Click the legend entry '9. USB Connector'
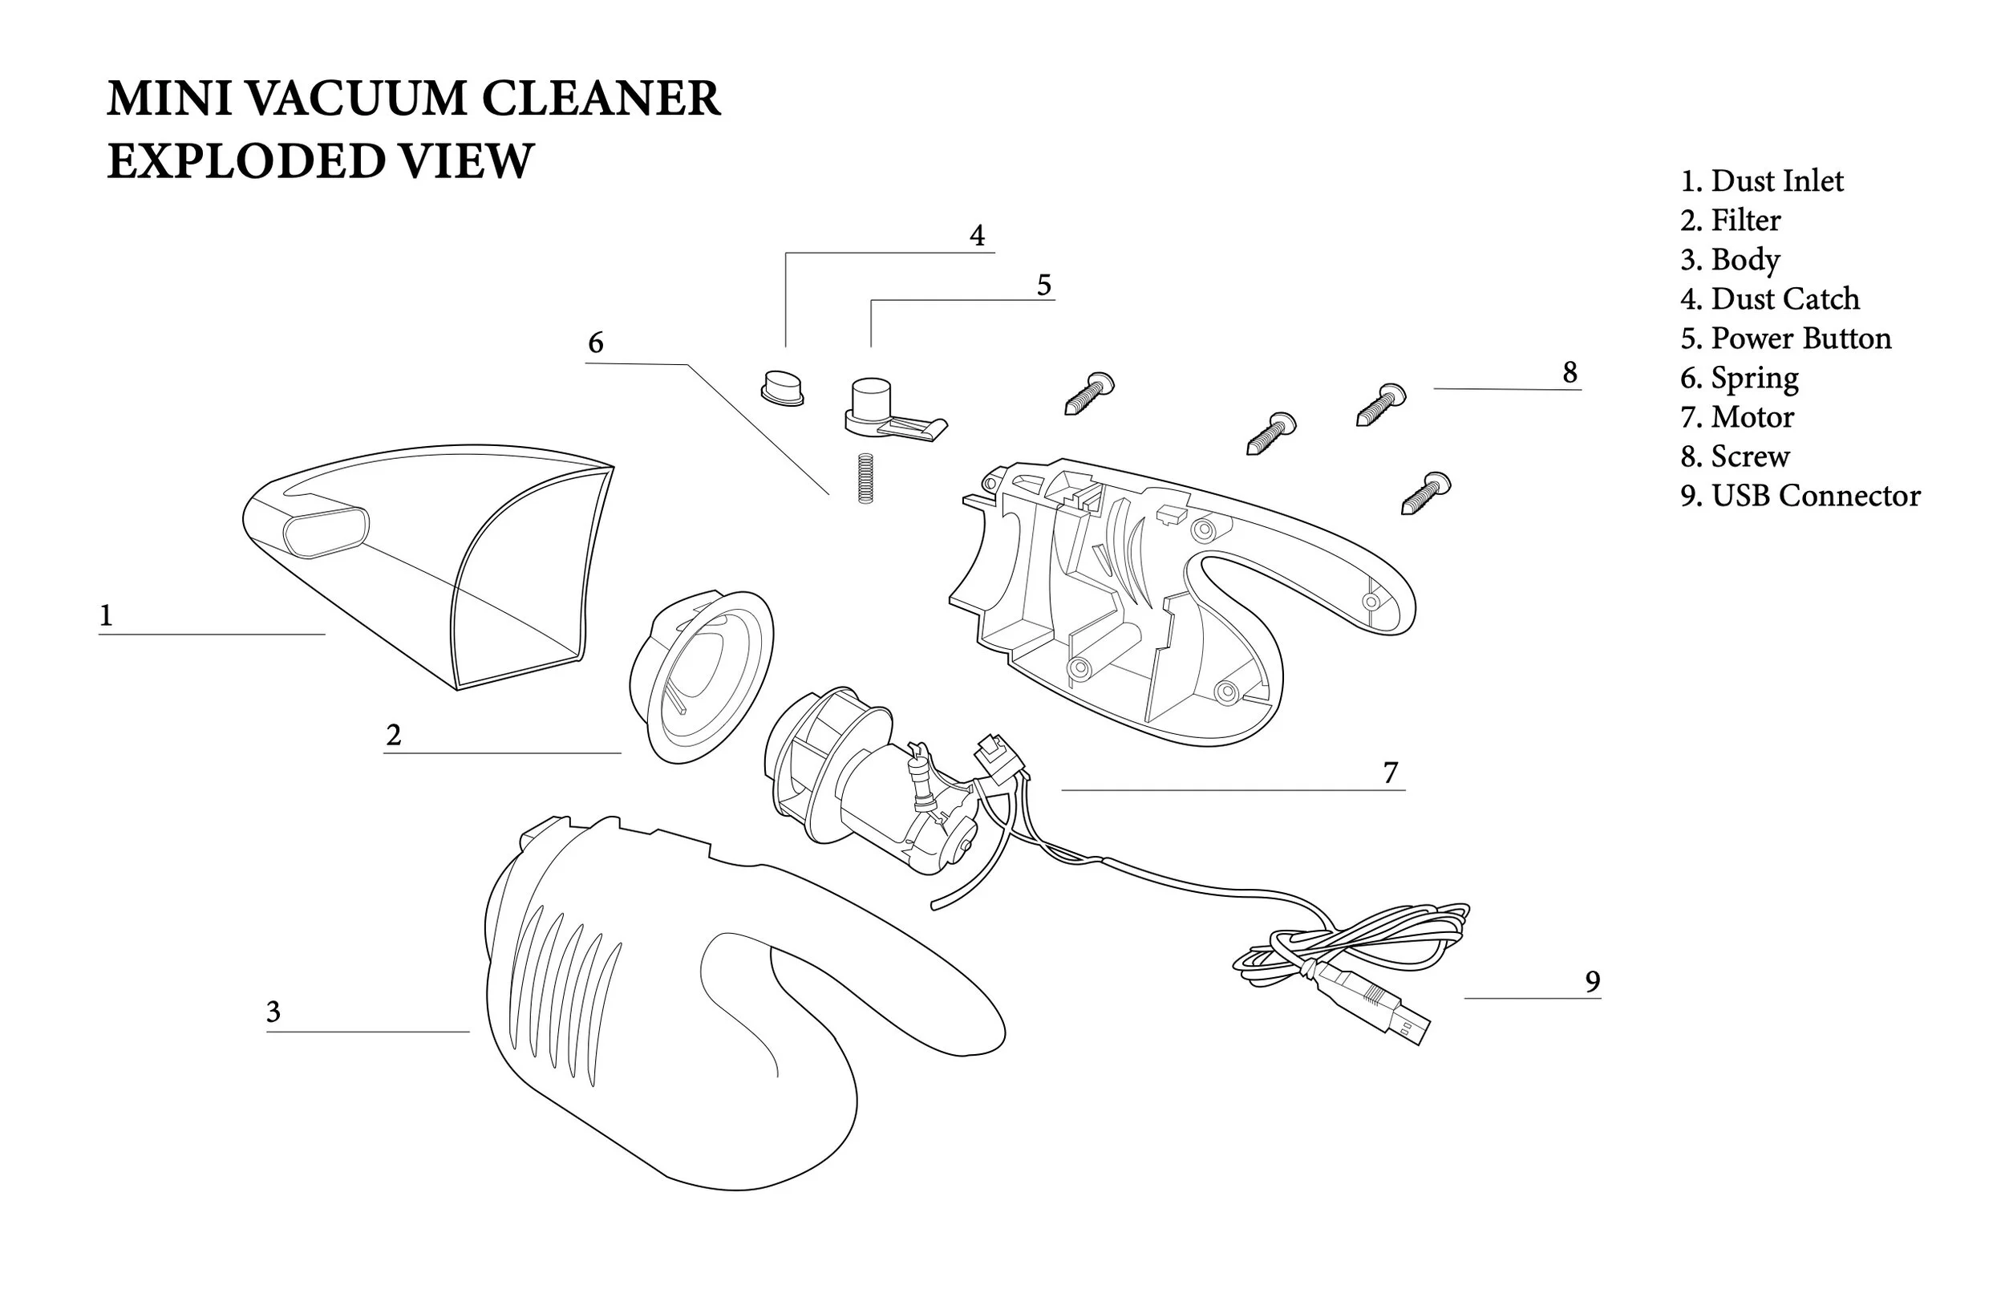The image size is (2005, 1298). click(x=1800, y=497)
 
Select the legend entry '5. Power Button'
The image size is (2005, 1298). click(x=1786, y=339)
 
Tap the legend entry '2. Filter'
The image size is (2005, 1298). click(x=1731, y=221)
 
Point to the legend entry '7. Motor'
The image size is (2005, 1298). click(x=1737, y=417)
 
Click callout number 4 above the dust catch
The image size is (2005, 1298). click(x=976, y=236)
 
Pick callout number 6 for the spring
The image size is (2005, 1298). click(x=596, y=343)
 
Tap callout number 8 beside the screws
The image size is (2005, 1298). click(x=1570, y=372)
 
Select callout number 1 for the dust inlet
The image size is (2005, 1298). click(x=106, y=616)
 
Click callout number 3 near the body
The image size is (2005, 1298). click(x=273, y=1012)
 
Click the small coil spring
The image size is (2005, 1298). click(x=865, y=478)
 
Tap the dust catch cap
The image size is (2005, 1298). click(x=783, y=387)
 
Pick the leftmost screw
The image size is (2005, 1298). click(x=1089, y=394)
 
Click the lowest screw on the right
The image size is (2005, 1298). click(x=1425, y=493)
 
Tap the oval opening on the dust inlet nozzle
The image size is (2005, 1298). click(x=326, y=531)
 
